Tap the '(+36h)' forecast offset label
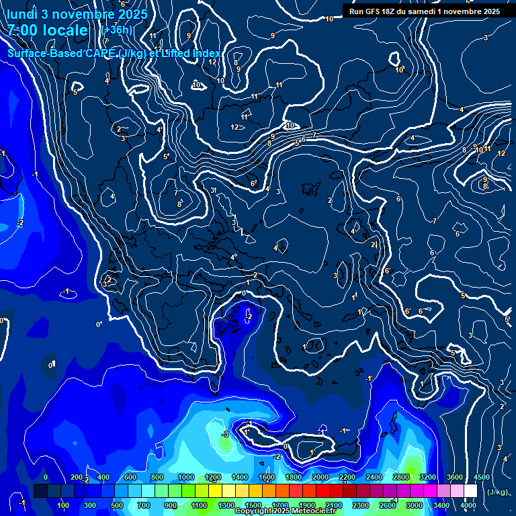pyautogui.click(x=116, y=30)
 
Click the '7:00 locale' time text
pyautogui.click(x=48, y=30)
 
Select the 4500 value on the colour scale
pyautogui.click(x=481, y=477)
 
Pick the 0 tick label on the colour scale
pyautogui.click(x=46, y=477)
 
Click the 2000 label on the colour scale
pyautogui.click(x=320, y=477)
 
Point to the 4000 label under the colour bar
pyautogui.click(x=468, y=505)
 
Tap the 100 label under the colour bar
pyautogui.click(x=63, y=505)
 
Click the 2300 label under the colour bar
pyautogui.click(x=361, y=505)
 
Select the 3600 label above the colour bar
pyautogui.click(x=455, y=477)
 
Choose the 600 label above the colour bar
pyautogui.click(x=131, y=477)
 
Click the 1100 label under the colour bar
pyautogui.click(x=199, y=505)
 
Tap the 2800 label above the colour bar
pyautogui.click(x=401, y=477)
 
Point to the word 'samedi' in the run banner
pyautogui.click(x=422, y=11)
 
